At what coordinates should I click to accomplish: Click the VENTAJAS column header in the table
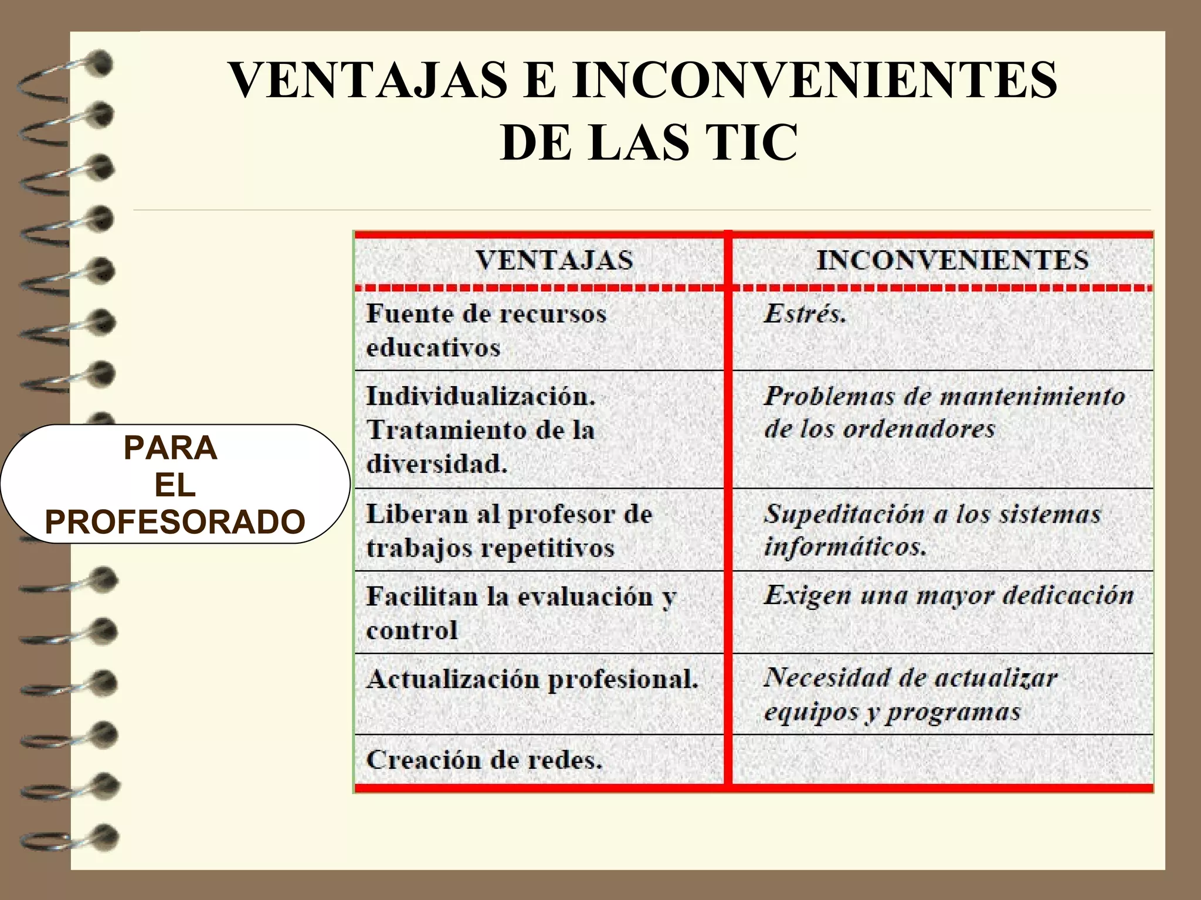point(554,260)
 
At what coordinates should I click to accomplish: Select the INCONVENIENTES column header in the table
point(952,260)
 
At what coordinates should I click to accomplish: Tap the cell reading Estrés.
point(805,313)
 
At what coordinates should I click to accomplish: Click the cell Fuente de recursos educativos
point(487,330)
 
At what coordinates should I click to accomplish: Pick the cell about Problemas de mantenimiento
point(944,412)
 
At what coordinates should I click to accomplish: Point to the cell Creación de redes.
point(484,760)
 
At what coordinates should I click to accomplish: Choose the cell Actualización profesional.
point(532,680)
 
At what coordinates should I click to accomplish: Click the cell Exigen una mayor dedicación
point(948,595)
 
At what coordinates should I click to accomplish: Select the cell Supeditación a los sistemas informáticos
point(932,530)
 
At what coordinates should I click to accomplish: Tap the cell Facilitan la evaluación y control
point(521,613)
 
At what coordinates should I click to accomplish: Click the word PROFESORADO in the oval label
point(175,521)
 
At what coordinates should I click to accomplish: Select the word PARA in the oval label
point(171,448)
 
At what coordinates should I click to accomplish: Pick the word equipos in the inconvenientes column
point(811,712)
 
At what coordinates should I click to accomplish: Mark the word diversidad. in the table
point(437,464)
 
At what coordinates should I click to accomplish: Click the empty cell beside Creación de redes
point(943,760)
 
